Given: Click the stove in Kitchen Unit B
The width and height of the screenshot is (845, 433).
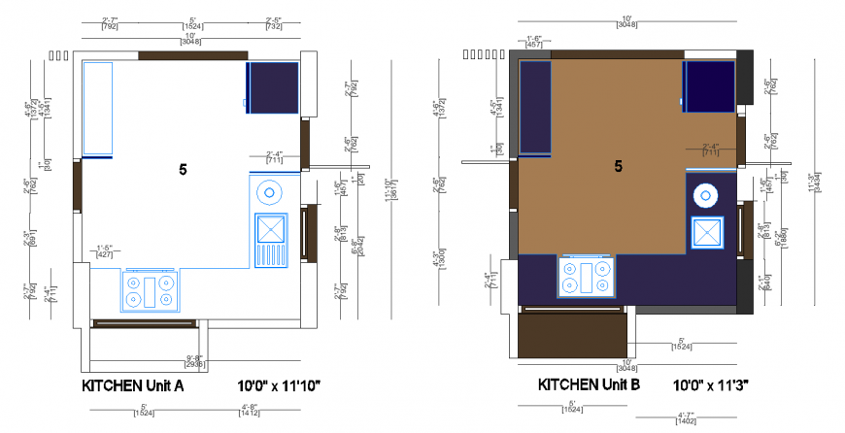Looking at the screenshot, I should (588, 277).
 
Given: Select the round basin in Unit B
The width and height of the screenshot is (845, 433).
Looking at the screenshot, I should (705, 195).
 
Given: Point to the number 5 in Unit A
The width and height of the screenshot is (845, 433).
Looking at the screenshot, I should (183, 169).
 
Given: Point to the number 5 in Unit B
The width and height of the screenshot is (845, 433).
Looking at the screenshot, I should (618, 166).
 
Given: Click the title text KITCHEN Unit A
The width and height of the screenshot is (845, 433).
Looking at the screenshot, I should (132, 385).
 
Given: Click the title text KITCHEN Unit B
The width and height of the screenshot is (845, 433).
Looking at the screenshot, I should (590, 384).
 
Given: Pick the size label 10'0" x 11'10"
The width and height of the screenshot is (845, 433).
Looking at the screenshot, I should (279, 385).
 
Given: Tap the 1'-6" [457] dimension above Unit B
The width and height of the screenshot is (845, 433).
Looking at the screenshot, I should (533, 41).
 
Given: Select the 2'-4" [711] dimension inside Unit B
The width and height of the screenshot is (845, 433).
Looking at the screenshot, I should (710, 150).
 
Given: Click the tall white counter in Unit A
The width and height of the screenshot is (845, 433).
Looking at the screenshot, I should (97, 107).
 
